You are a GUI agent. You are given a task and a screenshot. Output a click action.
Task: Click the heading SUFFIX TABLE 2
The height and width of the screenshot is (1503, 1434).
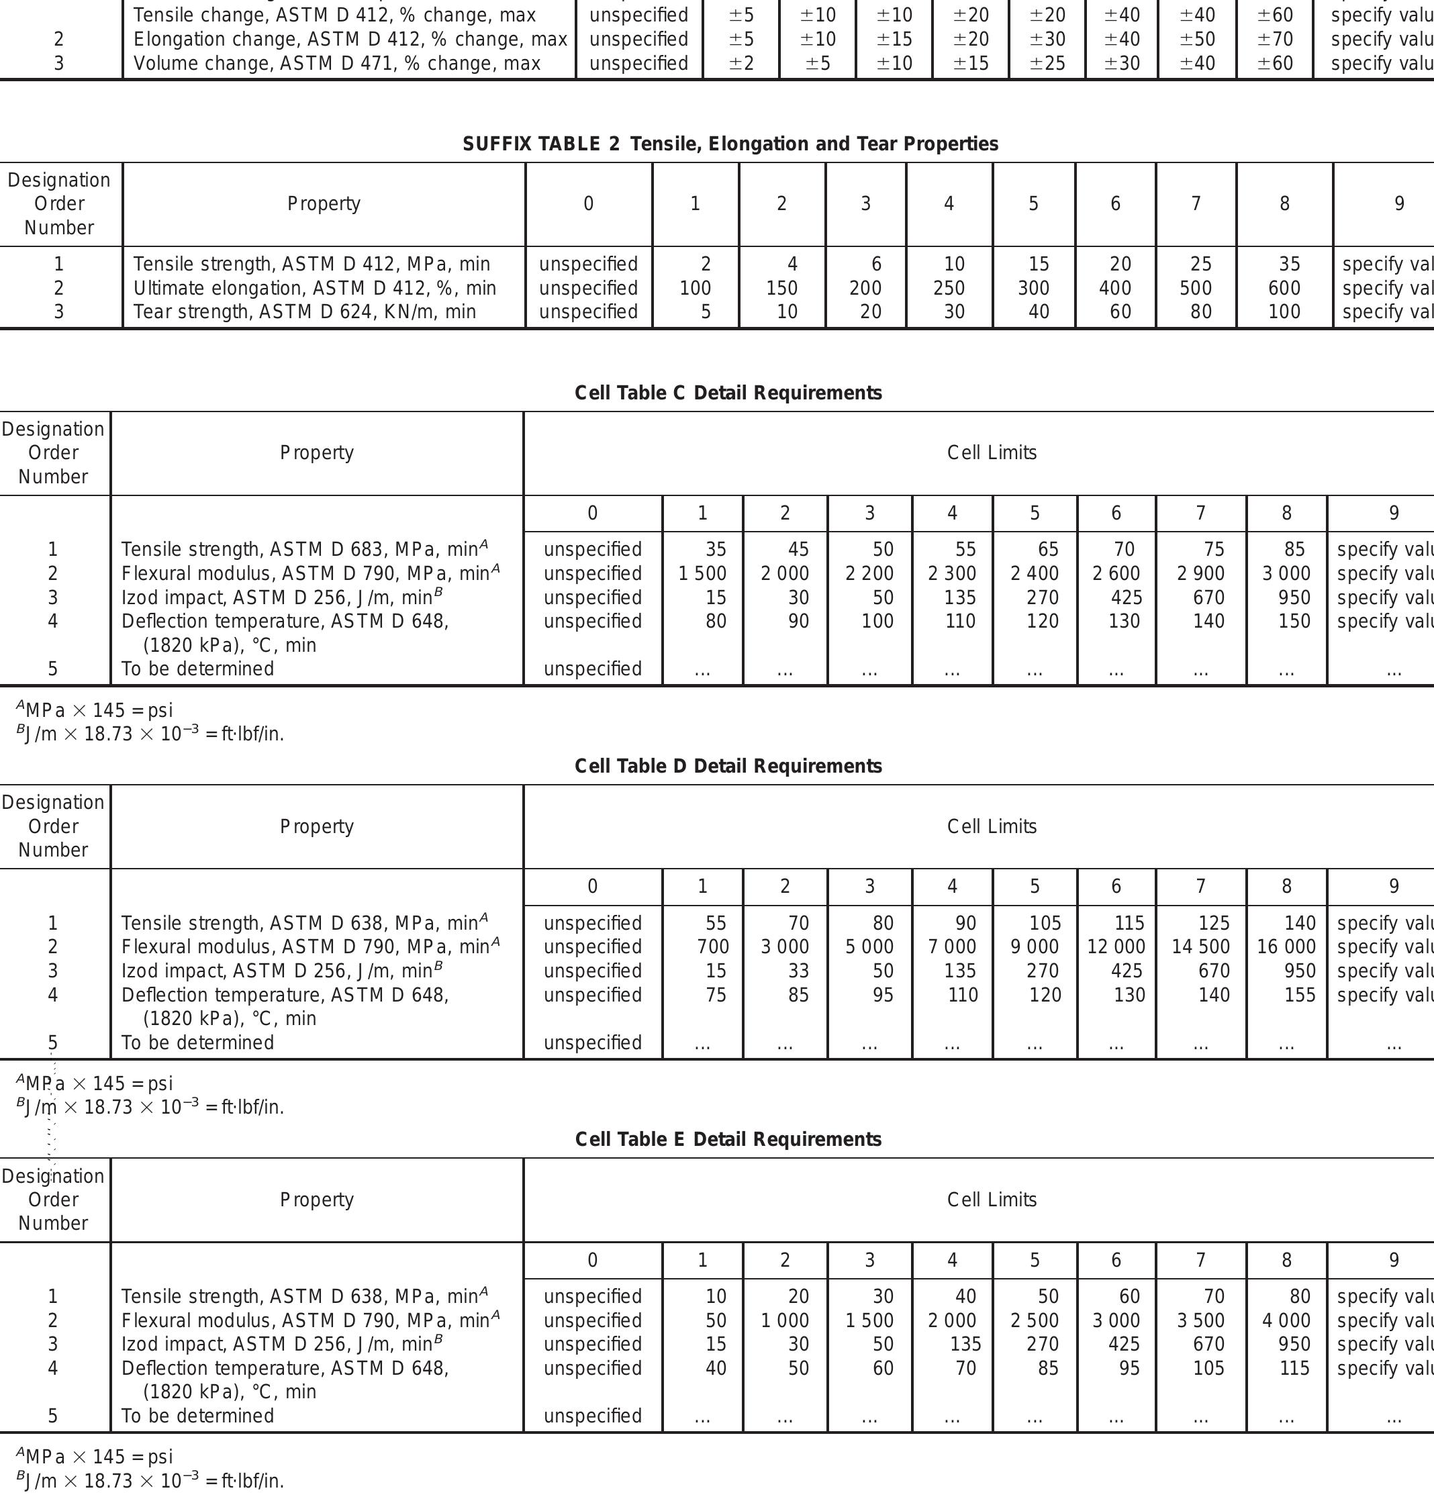click(x=541, y=144)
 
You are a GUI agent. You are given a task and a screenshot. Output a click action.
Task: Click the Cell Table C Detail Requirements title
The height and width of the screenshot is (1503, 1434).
click(x=728, y=392)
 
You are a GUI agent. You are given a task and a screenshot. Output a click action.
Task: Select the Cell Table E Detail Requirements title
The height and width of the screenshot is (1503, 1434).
click(x=728, y=1139)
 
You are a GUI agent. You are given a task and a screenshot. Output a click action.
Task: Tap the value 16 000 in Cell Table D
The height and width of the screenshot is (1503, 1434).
click(x=1286, y=947)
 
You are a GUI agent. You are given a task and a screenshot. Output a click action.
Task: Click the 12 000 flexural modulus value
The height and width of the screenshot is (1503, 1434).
click(x=1116, y=947)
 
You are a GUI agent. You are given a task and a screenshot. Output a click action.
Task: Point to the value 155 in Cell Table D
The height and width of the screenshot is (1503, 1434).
click(x=1300, y=995)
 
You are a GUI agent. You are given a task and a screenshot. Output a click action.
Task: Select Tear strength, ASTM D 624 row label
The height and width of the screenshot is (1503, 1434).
click(x=304, y=312)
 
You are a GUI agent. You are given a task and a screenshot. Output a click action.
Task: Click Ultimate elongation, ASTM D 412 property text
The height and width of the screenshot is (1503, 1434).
click(x=314, y=288)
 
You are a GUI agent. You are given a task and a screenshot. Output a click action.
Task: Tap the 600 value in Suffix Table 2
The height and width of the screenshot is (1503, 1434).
click(x=1284, y=288)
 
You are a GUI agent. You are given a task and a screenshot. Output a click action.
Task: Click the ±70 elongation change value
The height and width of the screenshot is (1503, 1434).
click(x=1274, y=39)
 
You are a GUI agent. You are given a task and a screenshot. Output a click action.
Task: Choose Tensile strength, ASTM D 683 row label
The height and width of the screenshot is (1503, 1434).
click(x=304, y=549)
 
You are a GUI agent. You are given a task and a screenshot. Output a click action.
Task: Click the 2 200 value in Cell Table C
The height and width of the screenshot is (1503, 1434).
click(x=869, y=573)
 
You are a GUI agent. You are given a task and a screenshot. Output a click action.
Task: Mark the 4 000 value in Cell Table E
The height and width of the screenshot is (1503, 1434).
click(x=1286, y=1320)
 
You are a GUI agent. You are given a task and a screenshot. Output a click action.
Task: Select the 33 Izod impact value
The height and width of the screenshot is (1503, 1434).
click(x=798, y=971)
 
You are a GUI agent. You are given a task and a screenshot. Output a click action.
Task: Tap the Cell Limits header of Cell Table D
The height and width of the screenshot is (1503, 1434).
click(x=992, y=826)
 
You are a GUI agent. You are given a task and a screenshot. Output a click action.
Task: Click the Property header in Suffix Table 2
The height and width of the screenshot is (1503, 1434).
click(x=324, y=203)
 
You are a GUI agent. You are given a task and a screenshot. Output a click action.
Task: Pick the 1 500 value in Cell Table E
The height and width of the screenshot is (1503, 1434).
click(x=869, y=1320)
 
